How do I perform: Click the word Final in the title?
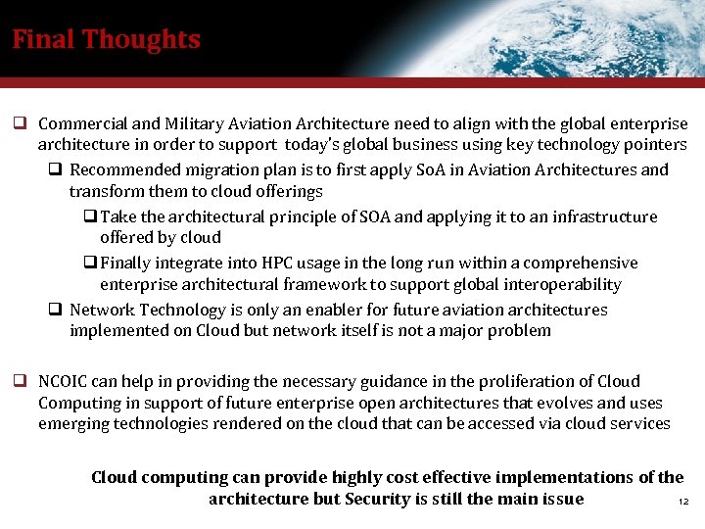coord(43,40)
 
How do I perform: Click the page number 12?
coord(684,503)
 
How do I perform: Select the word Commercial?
coord(83,124)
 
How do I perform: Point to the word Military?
coord(194,124)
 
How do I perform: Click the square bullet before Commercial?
coord(19,124)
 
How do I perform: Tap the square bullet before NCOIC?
coord(19,381)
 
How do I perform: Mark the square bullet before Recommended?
coord(56,169)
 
